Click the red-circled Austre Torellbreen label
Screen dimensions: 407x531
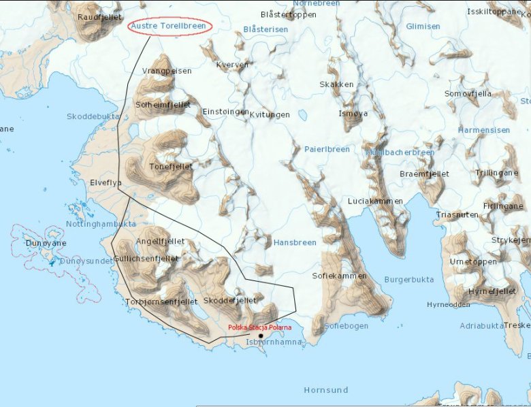(170, 26)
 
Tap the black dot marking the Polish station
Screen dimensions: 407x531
(261, 336)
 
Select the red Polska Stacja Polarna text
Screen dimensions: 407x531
(259, 327)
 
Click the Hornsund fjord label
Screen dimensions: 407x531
(325, 390)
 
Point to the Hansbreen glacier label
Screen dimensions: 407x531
(295, 242)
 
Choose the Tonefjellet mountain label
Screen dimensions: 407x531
(170, 167)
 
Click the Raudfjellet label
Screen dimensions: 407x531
(100, 16)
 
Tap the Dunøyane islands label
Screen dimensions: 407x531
(46, 243)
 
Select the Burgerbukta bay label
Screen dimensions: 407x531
(409, 279)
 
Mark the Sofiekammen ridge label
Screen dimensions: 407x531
(339, 276)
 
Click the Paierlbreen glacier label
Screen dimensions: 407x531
(327, 149)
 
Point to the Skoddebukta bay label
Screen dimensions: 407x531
(93, 116)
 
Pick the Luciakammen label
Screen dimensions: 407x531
(375, 201)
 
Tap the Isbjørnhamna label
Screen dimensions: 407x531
(274, 342)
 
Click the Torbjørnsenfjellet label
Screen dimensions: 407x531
(161, 302)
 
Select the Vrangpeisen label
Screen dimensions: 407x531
(167, 71)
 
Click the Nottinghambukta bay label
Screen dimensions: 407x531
(101, 223)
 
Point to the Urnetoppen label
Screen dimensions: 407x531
(473, 261)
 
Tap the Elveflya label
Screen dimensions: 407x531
(106, 182)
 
